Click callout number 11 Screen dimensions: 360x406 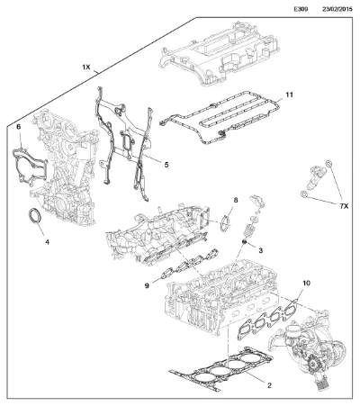[289, 95]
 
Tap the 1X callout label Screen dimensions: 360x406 [86, 68]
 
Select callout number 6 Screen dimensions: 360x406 [19, 127]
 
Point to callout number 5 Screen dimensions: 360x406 [166, 165]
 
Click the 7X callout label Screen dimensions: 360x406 [344, 206]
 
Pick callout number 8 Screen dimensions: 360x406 [236, 200]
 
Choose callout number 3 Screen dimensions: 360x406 [260, 250]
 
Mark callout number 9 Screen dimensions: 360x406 [147, 285]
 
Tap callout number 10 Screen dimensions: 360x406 [306, 283]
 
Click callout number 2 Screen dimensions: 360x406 [269, 385]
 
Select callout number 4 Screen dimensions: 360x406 [47, 242]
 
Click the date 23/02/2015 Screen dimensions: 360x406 [337, 9]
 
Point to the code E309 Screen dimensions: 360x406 [301, 9]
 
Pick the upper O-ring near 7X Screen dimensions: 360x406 [328, 164]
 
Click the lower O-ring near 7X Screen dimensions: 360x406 [303, 194]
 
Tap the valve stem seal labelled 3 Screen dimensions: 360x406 [245, 241]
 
